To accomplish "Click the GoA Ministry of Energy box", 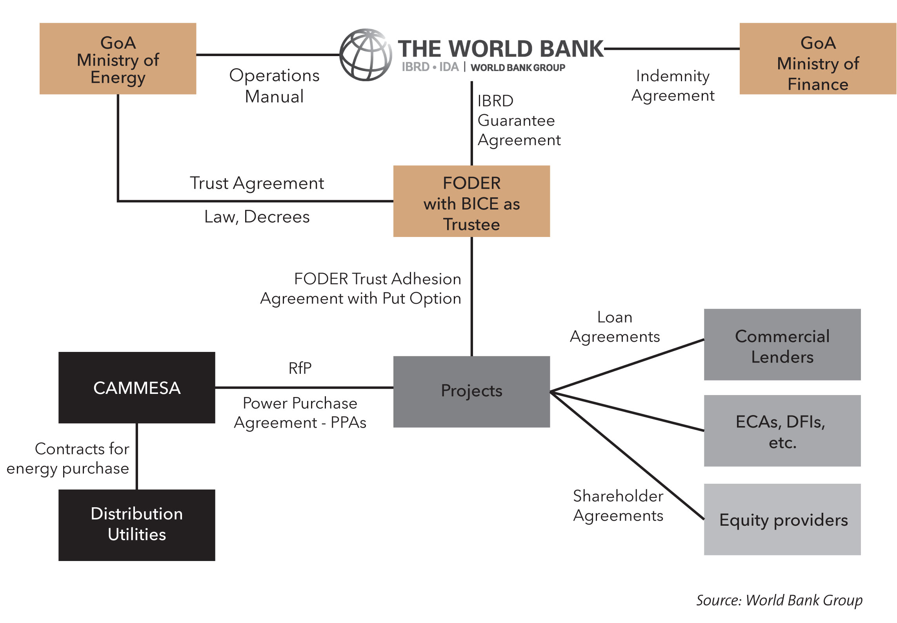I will point(118,59).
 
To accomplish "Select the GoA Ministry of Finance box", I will point(818,59).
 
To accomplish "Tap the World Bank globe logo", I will point(366,55).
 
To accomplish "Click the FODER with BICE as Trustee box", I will point(471,201).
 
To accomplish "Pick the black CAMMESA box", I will point(136,388).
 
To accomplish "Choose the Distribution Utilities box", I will point(136,525).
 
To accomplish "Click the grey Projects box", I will point(471,392).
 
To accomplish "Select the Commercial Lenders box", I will point(782,344).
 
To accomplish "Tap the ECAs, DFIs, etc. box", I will point(782,431).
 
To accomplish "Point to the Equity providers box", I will point(782,519).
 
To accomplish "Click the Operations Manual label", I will point(274,86).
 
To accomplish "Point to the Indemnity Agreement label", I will point(673,86).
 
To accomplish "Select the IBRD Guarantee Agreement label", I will point(519,120).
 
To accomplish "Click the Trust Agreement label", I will point(257,183).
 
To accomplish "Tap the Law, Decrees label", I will point(257,217).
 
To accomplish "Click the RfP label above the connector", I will point(300,368).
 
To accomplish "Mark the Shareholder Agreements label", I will point(618,506).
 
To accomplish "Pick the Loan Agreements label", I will point(615,327).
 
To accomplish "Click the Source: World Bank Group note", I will point(779,600).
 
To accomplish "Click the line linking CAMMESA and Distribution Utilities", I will point(136,456).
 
